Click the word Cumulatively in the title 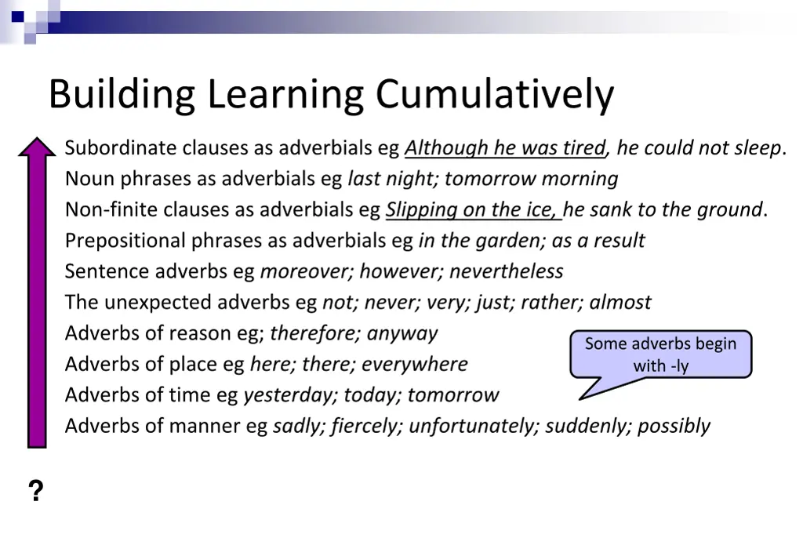(494, 95)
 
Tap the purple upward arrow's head (37, 150)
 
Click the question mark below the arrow (35, 492)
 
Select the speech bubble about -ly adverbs (661, 354)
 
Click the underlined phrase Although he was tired (505, 147)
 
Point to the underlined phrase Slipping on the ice (472, 209)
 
